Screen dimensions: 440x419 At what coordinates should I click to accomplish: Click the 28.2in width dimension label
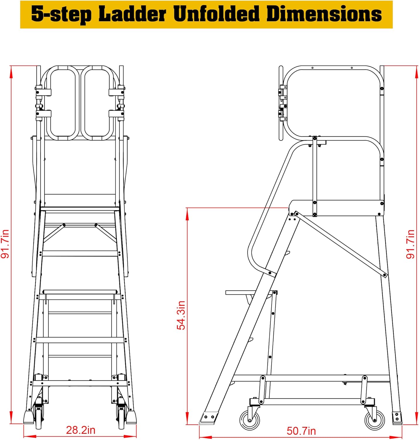click(81, 430)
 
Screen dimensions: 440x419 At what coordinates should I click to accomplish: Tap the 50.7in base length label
click(301, 431)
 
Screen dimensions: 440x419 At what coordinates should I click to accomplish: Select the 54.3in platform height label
click(181, 315)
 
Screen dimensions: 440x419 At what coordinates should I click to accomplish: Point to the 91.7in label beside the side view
click(410, 244)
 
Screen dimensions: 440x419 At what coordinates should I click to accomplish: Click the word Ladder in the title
click(132, 14)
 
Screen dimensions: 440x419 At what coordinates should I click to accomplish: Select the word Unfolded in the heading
click(216, 14)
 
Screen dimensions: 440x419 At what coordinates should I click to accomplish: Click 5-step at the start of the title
click(62, 14)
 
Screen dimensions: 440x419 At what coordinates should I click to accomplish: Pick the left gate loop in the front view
click(63, 103)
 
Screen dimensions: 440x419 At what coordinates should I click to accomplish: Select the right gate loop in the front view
click(97, 103)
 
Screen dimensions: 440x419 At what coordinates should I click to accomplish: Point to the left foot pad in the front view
click(29, 417)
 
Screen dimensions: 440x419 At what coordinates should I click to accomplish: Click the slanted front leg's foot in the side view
click(209, 417)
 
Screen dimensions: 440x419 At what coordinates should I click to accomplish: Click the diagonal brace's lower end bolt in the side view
click(385, 275)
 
